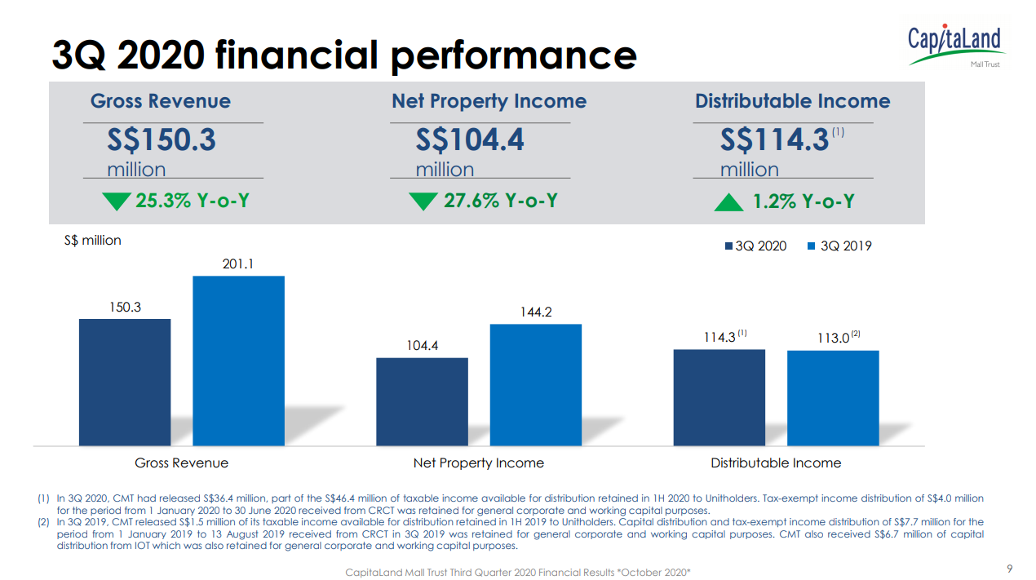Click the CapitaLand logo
tap(955, 44)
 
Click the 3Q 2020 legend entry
tap(756, 246)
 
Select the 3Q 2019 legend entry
tap(839, 246)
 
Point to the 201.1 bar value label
tap(238, 264)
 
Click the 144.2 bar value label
tap(536, 312)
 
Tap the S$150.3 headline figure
tap(162, 140)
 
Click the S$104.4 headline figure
tap(470, 140)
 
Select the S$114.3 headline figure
tap(774, 140)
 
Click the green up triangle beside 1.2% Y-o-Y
tap(728, 201)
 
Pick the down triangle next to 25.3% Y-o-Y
tap(117, 201)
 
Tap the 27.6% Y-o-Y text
tap(500, 201)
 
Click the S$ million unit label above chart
tap(92, 241)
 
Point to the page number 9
tap(1009, 569)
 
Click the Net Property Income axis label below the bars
tap(478, 463)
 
